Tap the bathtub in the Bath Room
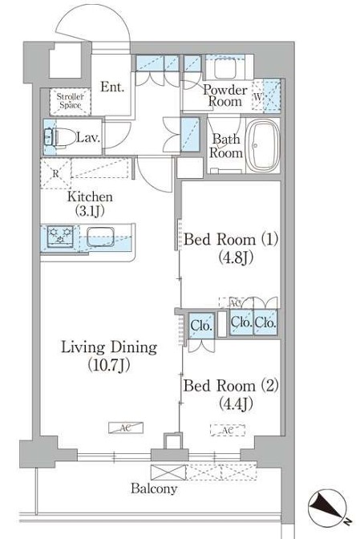(x=263, y=146)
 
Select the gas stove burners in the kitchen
(x=60, y=236)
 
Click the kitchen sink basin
(x=100, y=237)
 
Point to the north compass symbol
(x=328, y=509)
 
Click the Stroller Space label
(x=70, y=101)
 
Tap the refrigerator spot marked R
(x=56, y=173)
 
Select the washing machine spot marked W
(x=257, y=96)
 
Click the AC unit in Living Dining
(x=126, y=428)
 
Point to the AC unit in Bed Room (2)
(x=228, y=431)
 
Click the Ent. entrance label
(x=112, y=87)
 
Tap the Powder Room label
(x=225, y=95)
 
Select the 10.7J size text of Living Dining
(x=109, y=365)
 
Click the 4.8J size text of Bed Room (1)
(x=236, y=257)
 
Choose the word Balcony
(x=154, y=488)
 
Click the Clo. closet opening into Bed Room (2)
(x=201, y=325)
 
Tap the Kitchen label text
(x=90, y=197)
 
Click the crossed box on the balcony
(x=168, y=472)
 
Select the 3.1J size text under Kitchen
(x=90, y=211)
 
